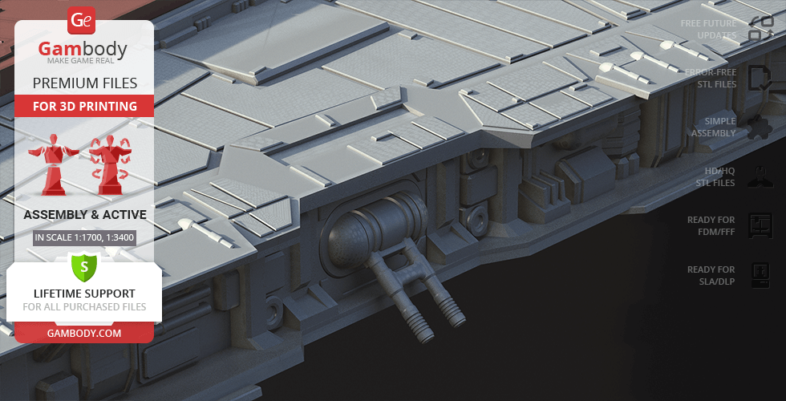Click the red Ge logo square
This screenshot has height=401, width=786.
point(83,21)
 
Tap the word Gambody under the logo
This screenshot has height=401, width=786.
point(83,50)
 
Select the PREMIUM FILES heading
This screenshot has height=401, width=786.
point(84,83)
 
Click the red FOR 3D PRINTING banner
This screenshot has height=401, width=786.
point(84,106)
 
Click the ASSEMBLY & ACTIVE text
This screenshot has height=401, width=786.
point(84,215)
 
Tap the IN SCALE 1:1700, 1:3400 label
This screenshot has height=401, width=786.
point(84,237)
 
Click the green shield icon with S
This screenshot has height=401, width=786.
point(84,265)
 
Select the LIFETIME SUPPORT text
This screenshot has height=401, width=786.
point(84,294)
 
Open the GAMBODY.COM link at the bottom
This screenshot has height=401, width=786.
point(84,333)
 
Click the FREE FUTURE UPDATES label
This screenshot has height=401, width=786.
point(708,30)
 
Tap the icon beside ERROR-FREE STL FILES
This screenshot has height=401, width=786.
point(759,79)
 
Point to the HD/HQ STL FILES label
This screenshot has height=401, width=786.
point(715,177)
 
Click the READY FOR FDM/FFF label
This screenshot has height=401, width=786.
point(711,225)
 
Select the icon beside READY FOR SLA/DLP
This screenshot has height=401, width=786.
point(759,275)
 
